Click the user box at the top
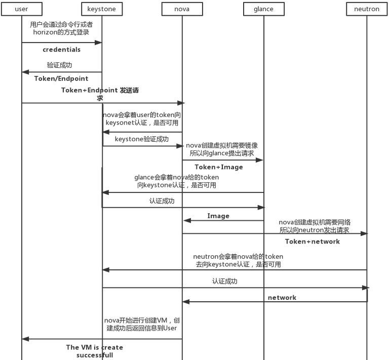pyautogui.click(x=22, y=9)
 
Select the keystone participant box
pyautogui.click(x=101, y=9)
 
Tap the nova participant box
pyautogui.click(x=182, y=9)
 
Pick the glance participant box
pyautogui.click(x=263, y=9)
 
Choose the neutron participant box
pyautogui.click(x=367, y=9)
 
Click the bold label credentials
pyautogui.click(x=61, y=50)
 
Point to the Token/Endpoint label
pyautogui.click(x=61, y=78)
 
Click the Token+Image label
pyautogui.click(x=219, y=167)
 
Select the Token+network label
pyautogui.click(x=312, y=242)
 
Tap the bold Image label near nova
pyautogui.click(x=218, y=216)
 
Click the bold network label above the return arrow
pyautogui.click(x=282, y=298)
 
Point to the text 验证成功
pyautogui.click(x=59, y=65)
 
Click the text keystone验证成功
pyautogui.click(x=142, y=139)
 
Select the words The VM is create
pyautogui.click(x=94, y=347)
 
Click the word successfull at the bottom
pyautogui.click(x=95, y=355)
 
